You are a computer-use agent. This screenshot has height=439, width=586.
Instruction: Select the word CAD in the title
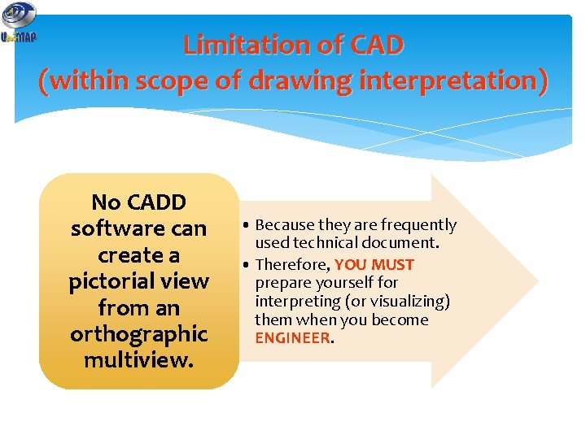(x=375, y=44)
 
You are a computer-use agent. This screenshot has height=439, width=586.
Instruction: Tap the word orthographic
(x=139, y=334)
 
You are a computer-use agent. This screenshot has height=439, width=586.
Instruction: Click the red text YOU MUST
(x=374, y=265)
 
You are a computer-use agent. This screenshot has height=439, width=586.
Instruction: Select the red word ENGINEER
(x=292, y=337)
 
